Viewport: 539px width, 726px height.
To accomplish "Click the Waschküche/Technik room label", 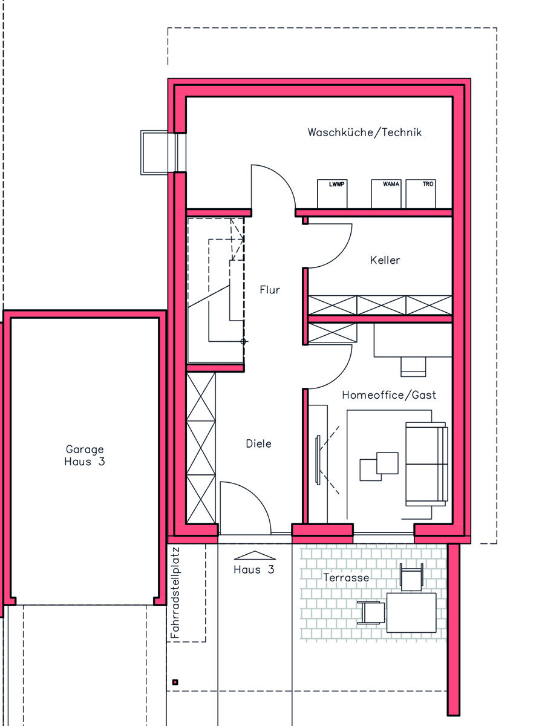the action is (x=364, y=132).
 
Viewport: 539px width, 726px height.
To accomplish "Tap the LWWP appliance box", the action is (x=332, y=194).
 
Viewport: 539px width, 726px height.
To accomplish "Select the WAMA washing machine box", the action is (x=386, y=194).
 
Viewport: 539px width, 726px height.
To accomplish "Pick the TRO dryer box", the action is (x=420, y=194).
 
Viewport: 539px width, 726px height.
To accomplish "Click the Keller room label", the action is (x=385, y=260).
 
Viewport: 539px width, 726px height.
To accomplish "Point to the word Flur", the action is (x=270, y=290).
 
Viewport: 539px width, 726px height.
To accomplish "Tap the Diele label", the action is (x=258, y=443).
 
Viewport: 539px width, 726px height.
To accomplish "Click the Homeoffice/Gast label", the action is (x=389, y=394).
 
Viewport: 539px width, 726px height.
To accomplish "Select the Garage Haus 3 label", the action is (x=85, y=455).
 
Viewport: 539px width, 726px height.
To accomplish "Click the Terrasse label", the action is (x=346, y=577).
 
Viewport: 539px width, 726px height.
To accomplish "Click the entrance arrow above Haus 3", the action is (x=255, y=556).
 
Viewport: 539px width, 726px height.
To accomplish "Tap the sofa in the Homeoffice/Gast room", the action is (x=426, y=464).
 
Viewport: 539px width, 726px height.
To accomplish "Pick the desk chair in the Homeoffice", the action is (x=413, y=367).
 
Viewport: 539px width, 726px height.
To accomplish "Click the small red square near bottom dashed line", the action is (x=175, y=682).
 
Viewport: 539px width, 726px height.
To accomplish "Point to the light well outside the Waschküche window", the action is (x=154, y=152).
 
